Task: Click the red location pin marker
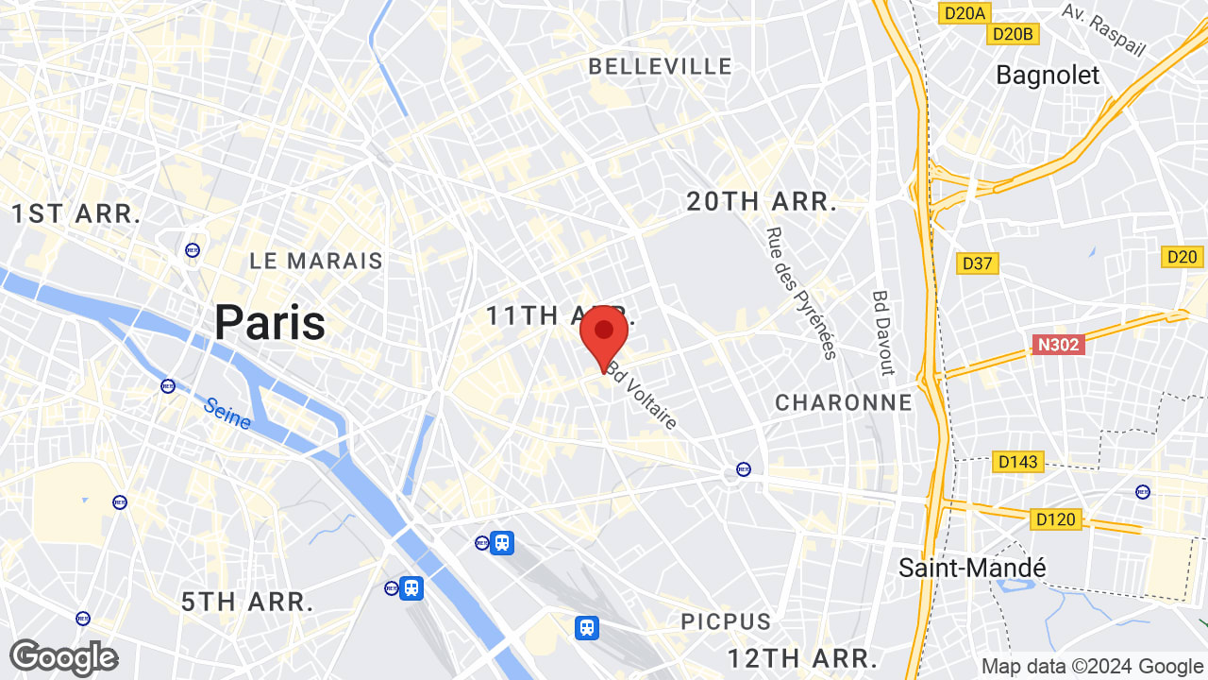click(x=604, y=336)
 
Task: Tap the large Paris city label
click(x=270, y=323)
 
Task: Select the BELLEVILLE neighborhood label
click(x=660, y=66)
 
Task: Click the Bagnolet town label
click(x=1048, y=75)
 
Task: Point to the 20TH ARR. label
click(x=762, y=201)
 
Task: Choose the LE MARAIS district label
click(x=316, y=261)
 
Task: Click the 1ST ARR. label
click(x=75, y=213)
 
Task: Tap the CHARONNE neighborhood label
click(x=844, y=402)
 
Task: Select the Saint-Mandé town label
click(x=972, y=568)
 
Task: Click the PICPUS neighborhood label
click(x=726, y=621)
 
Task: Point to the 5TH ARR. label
click(x=246, y=602)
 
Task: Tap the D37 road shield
click(x=978, y=263)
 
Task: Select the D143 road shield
click(x=1017, y=462)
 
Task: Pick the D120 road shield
click(x=1055, y=518)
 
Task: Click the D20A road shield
click(x=964, y=12)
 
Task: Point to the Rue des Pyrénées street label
click(x=801, y=293)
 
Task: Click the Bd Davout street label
click(x=882, y=332)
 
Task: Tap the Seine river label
click(x=227, y=413)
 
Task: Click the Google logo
click(x=63, y=657)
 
